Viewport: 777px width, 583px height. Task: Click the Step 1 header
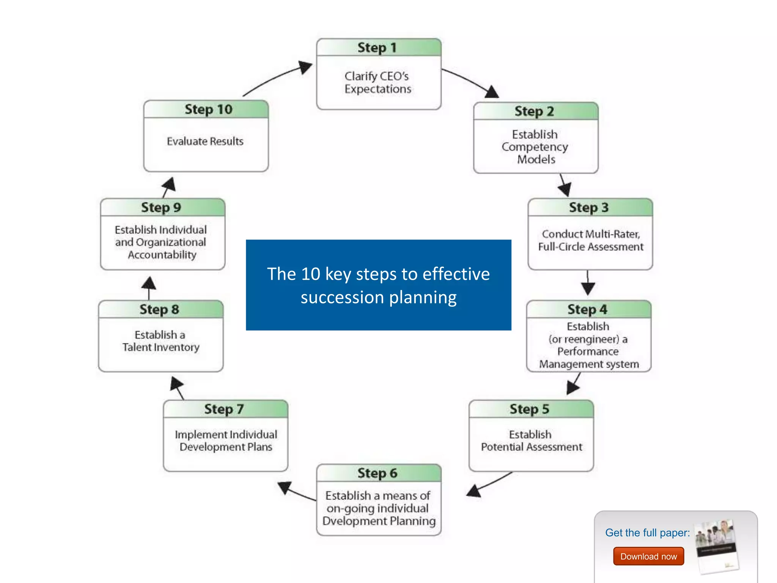tap(377, 48)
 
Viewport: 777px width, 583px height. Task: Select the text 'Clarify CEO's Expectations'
tap(377, 82)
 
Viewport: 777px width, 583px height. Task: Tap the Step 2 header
tap(535, 111)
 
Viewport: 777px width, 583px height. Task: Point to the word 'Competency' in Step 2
tap(535, 147)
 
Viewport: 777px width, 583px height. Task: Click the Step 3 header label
tap(589, 208)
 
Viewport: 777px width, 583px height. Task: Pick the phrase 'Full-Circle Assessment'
tap(590, 247)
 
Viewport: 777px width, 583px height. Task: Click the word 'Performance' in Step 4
tap(588, 351)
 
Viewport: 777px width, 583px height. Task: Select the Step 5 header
tap(530, 409)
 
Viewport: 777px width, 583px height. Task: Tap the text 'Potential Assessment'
tap(531, 447)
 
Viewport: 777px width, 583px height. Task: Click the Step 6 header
tap(377, 473)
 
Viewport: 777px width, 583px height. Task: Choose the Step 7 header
tap(224, 409)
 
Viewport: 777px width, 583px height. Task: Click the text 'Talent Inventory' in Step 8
tap(161, 347)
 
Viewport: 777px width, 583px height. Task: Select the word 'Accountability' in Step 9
tap(162, 255)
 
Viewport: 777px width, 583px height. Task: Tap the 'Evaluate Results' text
tap(205, 141)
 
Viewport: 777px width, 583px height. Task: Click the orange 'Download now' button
tap(648, 556)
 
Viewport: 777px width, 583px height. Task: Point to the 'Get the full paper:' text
tap(647, 533)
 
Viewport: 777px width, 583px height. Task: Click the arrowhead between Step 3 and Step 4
tap(588, 288)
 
